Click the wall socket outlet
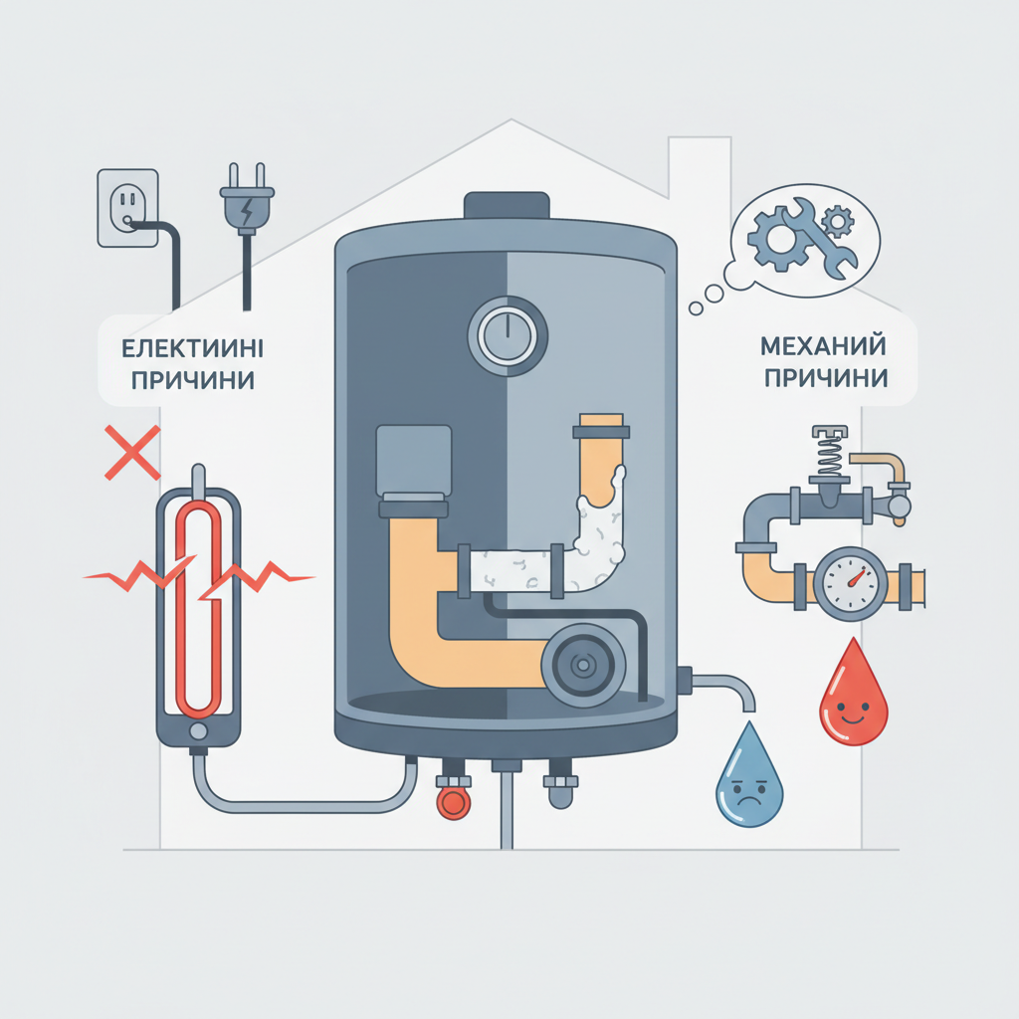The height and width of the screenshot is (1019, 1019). click(x=128, y=208)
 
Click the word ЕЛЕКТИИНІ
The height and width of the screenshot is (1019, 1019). click(x=192, y=349)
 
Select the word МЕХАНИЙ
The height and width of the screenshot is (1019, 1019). click(x=823, y=345)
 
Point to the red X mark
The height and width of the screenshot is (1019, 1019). click(x=132, y=453)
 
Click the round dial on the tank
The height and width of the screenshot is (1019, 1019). click(x=508, y=336)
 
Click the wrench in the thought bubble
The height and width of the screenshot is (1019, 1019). click(x=820, y=239)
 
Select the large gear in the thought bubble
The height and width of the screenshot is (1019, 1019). click(x=776, y=239)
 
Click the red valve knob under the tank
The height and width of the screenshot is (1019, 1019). click(x=453, y=803)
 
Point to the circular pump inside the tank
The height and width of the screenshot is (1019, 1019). click(x=583, y=665)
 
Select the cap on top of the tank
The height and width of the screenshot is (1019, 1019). click(x=507, y=205)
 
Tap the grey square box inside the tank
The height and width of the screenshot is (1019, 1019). click(x=413, y=460)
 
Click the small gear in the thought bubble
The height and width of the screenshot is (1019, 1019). click(x=838, y=222)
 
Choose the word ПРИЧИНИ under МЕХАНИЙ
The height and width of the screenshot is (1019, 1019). click(x=826, y=377)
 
